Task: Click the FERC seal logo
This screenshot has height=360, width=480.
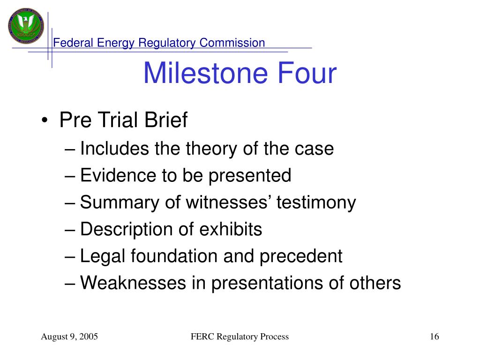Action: [x=26, y=26]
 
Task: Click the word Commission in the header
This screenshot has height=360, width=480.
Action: [x=232, y=43]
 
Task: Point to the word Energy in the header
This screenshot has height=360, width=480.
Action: [x=115, y=43]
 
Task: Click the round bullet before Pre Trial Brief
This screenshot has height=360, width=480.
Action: [x=45, y=120]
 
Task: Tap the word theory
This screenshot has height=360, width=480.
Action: [x=211, y=149]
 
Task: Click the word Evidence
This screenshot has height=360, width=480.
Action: [x=118, y=175]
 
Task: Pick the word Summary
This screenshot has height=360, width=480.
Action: [x=120, y=203]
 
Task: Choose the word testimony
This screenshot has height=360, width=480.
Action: [x=316, y=203]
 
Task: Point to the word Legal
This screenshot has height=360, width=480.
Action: [x=103, y=256]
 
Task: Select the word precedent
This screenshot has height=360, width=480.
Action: [x=301, y=256]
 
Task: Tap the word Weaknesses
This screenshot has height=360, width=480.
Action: [x=133, y=283]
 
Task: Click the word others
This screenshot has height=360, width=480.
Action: [x=375, y=283]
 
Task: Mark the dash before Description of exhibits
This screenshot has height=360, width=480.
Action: [x=70, y=230]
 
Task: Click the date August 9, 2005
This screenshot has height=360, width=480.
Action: [x=69, y=337]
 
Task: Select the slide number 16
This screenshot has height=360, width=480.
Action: [x=435, y=337]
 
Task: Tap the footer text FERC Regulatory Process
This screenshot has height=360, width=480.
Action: [x=240, y=337]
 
